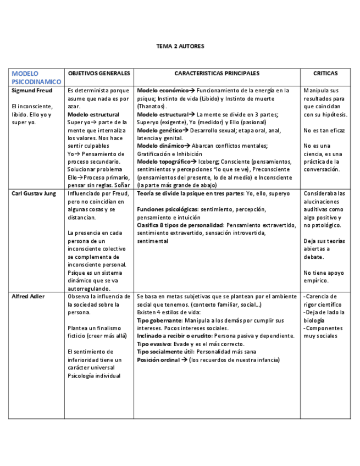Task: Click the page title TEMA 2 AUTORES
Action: tap(180, 46)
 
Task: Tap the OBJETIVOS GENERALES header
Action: tap(98, 73)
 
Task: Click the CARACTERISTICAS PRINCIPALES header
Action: tap(217, 73)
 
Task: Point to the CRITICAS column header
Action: tap(325, 73)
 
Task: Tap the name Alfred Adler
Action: tap(28, 296)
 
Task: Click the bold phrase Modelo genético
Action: tap(159, 130)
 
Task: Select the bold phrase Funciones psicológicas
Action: tap(168, 210)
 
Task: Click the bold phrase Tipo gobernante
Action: tap(159, 320)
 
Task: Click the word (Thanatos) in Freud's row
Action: tap(151, 106)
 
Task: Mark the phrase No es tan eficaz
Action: tap(324, 130)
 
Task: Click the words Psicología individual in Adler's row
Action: tap(93, 376)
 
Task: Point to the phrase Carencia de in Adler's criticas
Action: tap(322, 296)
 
